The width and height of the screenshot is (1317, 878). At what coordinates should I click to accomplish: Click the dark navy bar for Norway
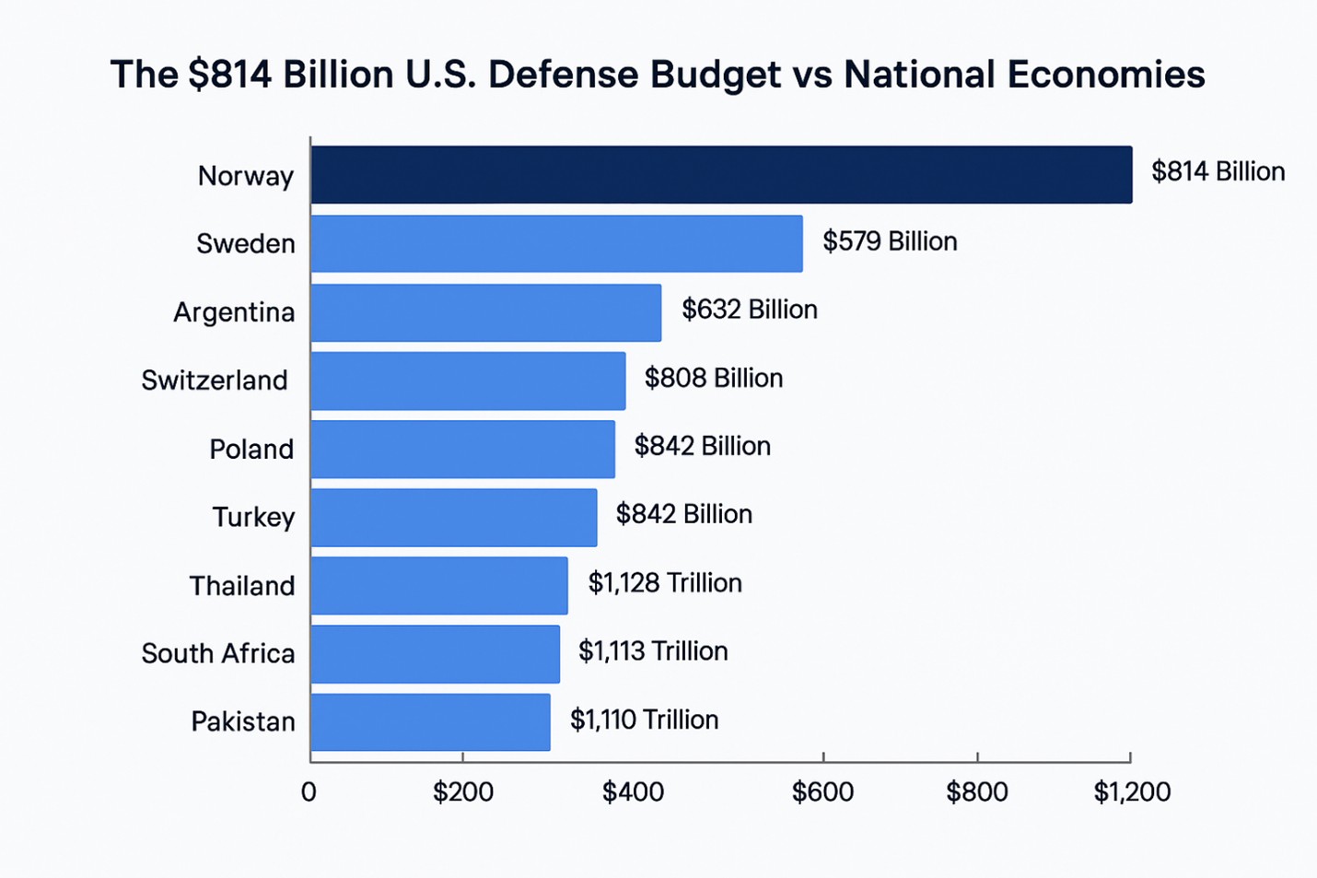[x=721, y=174]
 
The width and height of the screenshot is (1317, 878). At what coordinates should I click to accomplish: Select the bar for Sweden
[x=556, y=243]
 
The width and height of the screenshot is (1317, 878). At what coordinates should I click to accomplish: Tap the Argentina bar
[x=485, y=312]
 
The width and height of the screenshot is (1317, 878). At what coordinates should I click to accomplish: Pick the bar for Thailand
[x=439, y=585]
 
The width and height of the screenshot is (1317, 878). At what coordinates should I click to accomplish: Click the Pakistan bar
[x=430, y=721]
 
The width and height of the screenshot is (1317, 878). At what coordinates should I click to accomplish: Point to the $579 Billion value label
[x=890, y=241]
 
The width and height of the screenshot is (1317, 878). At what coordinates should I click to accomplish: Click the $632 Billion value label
[x=749, y=310]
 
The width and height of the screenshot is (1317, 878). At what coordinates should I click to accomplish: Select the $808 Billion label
[x=713, y=378]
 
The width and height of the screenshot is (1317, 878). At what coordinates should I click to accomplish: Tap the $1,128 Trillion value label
[x=664, y=582]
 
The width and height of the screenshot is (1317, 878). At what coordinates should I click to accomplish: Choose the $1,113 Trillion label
[x=652, y=651]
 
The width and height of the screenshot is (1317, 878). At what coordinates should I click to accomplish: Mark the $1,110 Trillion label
[x=644, y=720]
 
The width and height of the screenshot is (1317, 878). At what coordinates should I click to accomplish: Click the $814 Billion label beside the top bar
[x=1218, y=171]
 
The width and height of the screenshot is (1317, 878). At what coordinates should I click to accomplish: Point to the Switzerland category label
[x=215, y=380]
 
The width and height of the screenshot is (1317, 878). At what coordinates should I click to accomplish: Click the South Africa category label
[x=218, y=653]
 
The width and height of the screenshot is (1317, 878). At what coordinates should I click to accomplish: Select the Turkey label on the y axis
[x=253, y=517]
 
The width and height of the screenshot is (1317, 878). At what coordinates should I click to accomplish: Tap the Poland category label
[x=251, y=449]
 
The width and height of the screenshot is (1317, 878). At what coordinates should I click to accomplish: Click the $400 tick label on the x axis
[x=633, y=791]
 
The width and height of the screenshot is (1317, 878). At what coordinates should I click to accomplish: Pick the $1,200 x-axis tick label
[x=1132, y=791]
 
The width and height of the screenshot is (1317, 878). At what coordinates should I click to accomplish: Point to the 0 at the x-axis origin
[x=309, y=791]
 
